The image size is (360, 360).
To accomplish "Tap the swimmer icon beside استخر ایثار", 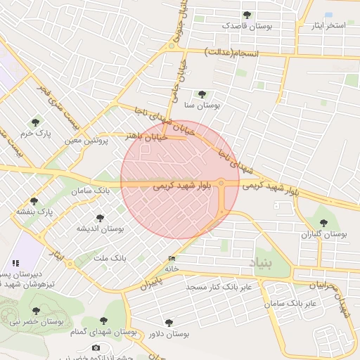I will click(328, 15).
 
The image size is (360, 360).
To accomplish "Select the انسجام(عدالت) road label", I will click(231, 53).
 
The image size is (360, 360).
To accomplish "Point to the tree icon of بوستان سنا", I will click(202, 94).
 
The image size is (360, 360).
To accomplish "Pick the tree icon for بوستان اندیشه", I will click(100, 218).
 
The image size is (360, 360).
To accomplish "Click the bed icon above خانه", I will click(172, 258).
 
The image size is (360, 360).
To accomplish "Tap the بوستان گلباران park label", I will click(324, 233).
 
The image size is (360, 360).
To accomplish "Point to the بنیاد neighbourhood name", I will click(264, 264).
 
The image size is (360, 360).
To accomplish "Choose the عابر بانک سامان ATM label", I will click(290, 303).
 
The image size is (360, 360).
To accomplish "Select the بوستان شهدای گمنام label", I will click(104, 331).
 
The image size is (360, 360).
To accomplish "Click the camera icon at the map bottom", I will click(96, 347).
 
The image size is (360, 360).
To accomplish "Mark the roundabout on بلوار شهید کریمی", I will click(221, 184).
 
